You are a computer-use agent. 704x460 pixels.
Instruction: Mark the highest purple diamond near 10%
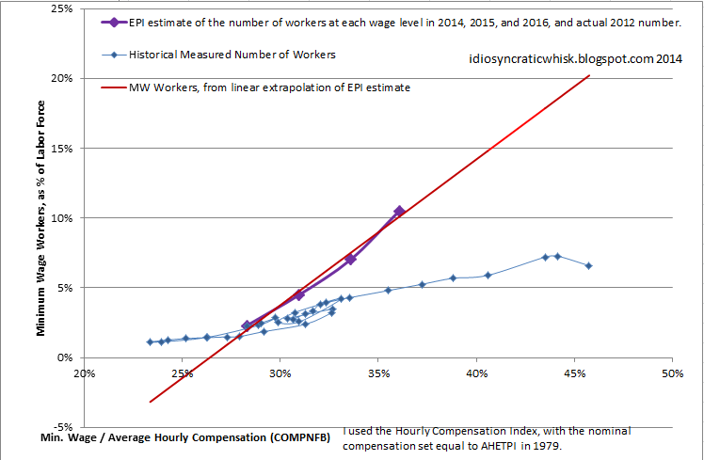(399, 212)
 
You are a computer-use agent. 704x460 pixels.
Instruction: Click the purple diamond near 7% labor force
(350, 259)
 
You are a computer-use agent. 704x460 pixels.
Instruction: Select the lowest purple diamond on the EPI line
(247, 325)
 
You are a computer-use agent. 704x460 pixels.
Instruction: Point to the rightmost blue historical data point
(588, 266)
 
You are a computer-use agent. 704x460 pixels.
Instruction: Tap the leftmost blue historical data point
(150, 341)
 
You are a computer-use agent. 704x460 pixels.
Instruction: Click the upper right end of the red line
(588, 75)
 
